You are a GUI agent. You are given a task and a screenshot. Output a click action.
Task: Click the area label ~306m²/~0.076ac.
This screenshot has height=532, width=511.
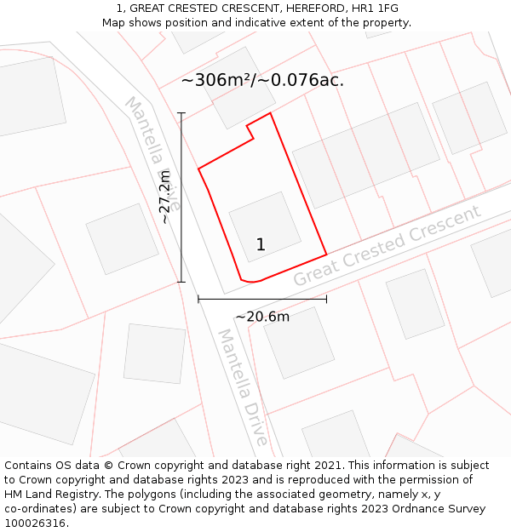[262, 81]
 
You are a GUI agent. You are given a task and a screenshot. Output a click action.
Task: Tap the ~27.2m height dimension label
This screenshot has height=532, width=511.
[165, 197]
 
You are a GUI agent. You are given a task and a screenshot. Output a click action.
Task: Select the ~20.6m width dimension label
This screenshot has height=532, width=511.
[262, 317]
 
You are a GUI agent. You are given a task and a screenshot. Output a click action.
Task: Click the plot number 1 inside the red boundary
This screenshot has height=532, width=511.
[261, 245]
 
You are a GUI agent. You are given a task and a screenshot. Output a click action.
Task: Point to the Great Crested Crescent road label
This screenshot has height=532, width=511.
[388, 246]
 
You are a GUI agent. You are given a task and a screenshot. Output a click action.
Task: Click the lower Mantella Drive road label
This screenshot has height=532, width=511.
[244, 388]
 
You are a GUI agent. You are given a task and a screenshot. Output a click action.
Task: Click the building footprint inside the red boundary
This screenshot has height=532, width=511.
[264, 226]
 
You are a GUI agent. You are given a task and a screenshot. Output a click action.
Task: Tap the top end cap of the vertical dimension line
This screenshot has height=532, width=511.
[181, 112]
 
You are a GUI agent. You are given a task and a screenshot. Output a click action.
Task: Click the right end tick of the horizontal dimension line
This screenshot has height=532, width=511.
[326, 299]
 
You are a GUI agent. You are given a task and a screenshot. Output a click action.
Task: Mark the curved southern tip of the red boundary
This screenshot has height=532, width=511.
[249, 280]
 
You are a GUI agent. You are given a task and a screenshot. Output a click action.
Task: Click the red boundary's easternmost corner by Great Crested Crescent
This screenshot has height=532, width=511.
[326, 255]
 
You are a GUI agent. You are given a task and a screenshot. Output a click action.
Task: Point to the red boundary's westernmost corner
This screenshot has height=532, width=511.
[198, 169]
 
